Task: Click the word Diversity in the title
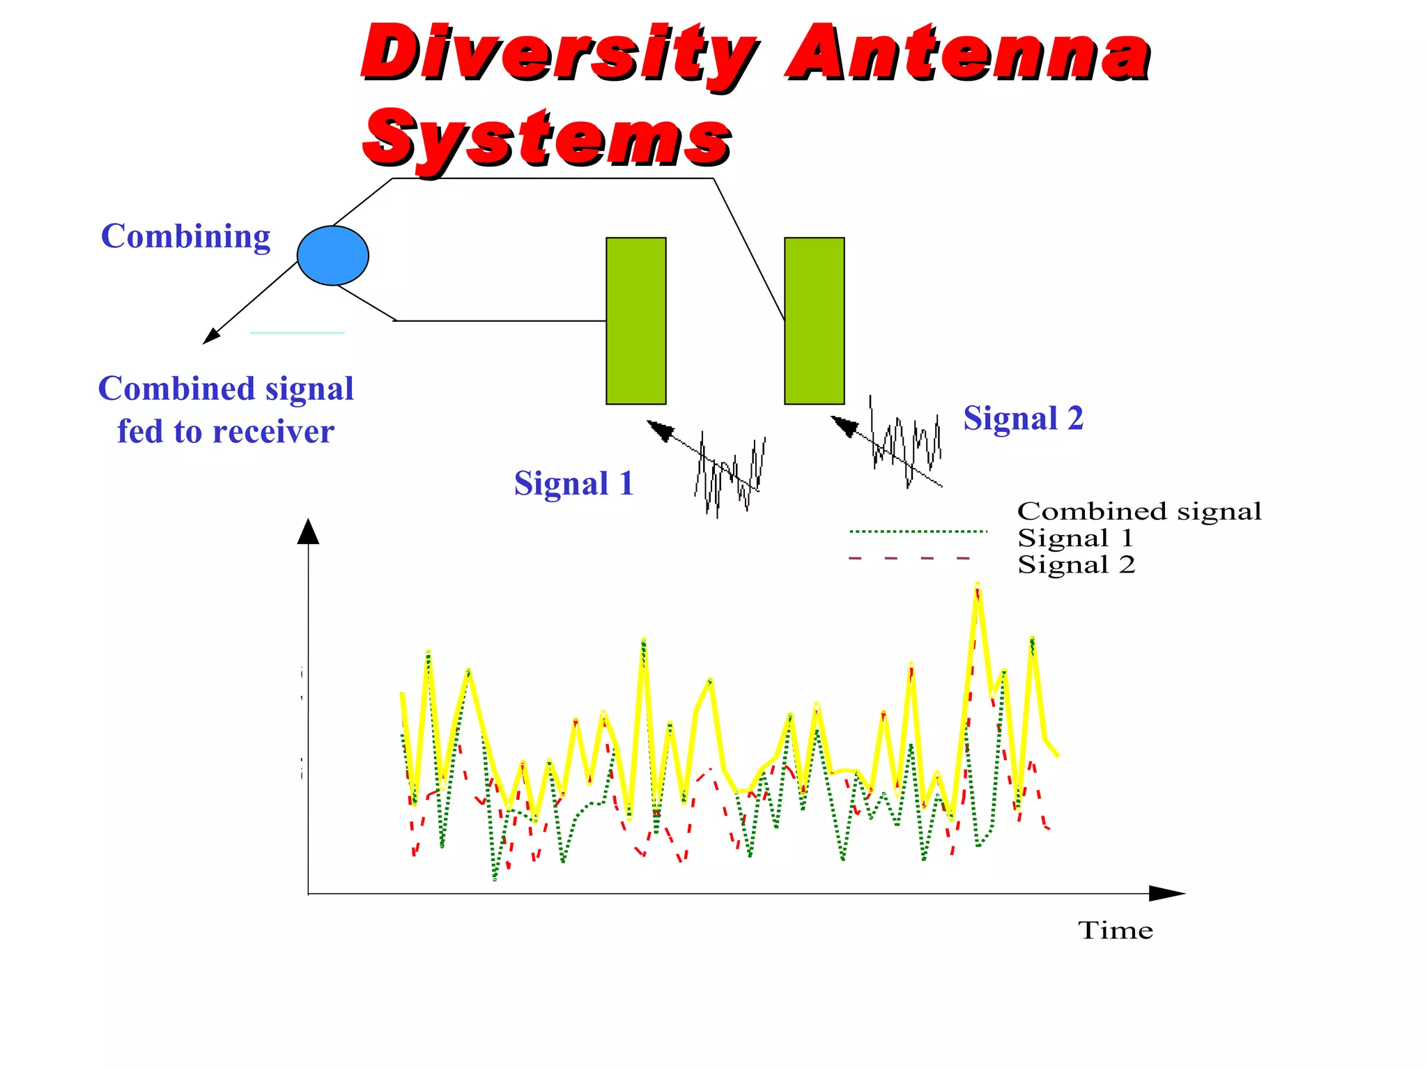[x=557, y=54]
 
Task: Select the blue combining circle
[x=332, y=256]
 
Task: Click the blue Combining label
[x=185, y=237]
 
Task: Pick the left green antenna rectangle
[x=635, y=320]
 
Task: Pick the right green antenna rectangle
[x=814, y=320]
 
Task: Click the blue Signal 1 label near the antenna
[x=573, y=483]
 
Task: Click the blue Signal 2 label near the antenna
[x=1023, y=419]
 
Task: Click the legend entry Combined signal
[x=1139, y=511]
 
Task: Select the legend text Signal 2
[x=1076, y=565]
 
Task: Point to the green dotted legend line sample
[x=918, y=532]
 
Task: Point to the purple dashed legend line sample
[x=909, y=558]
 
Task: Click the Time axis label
[x=1115, y=931]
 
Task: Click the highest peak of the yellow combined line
[x=978, y=585]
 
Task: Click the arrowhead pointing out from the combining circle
[x=211, y=337]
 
